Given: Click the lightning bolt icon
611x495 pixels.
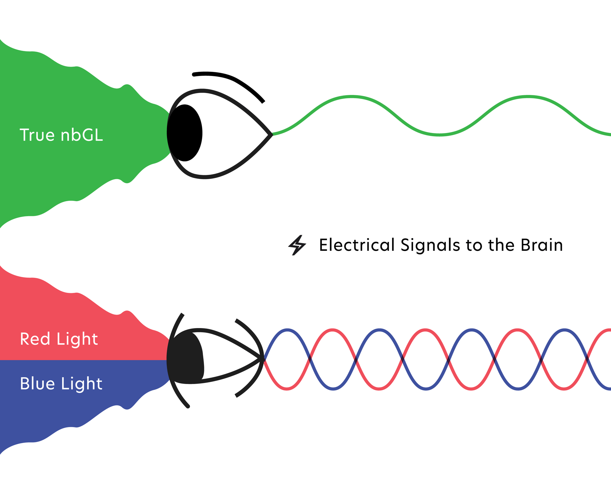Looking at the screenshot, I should [297, 245].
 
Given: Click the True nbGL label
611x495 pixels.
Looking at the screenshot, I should [61, 135].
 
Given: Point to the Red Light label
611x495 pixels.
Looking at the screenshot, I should [59, 339].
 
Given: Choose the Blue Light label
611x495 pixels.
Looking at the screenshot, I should [61, 384].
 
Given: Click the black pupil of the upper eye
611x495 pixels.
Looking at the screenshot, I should [185, 133].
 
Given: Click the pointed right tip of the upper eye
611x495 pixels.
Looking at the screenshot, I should [272, 135].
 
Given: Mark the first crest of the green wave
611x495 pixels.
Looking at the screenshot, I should [352, 97].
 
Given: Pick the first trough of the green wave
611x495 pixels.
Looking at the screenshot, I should [440, 135].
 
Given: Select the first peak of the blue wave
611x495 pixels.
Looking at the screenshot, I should [287, 329].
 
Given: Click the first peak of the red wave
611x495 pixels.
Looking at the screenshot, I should [333, 329].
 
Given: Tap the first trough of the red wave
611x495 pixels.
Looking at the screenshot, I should [287, 389].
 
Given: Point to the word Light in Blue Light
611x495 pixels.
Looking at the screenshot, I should [81, 384].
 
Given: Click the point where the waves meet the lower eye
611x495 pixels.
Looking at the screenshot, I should [263, 359].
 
